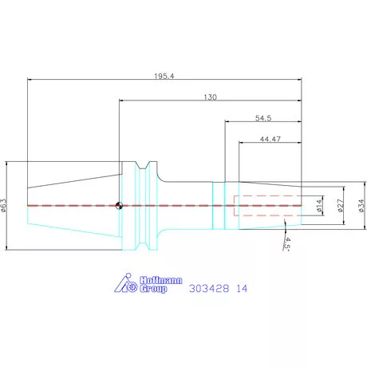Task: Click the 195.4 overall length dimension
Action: click(x=164, y=76)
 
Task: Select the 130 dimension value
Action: click(x=210, y=97)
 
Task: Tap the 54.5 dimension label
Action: click(x=263, y=118)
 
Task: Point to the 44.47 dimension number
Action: click(x=270, y=139)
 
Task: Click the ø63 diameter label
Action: click(x=3, y=205)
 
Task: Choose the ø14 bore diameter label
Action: click(x=319, y=206)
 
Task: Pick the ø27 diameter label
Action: click(x=340, y=206)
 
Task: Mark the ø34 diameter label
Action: click(x=361, y=206)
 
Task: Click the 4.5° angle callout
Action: click(x=286, y=243)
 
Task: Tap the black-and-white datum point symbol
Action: click(x=119, y=206)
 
